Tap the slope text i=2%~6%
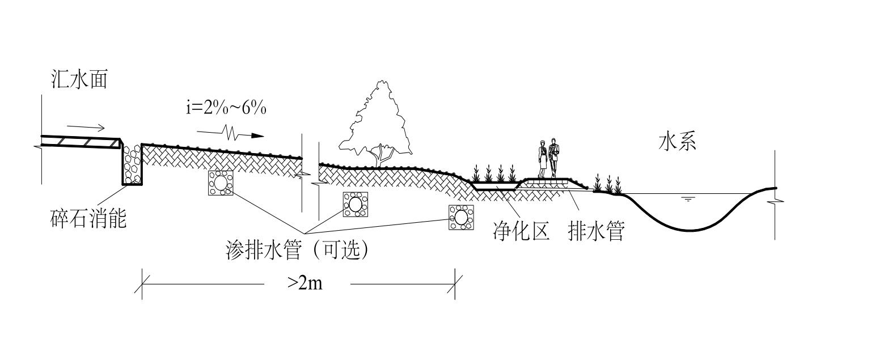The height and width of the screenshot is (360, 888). [226, 108]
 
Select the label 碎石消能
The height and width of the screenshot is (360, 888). [88, 218]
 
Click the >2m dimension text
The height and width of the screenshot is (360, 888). [305, 283]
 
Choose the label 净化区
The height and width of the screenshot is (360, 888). [521, 232]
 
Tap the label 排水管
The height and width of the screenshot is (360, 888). [596, 232]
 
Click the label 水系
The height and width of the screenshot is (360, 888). [677, 142]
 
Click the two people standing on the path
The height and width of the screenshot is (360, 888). [548, 158]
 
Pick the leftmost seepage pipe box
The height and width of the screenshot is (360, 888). [220, 183]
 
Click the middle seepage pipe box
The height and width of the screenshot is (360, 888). [356, 204]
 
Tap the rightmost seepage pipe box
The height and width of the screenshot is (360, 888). [461, 217]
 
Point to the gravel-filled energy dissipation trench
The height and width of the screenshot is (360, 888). [132, 164]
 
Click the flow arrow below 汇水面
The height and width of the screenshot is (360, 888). [86, 126]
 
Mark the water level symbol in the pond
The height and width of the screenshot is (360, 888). [688, 199]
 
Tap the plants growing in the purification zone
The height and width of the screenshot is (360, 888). [494, 173]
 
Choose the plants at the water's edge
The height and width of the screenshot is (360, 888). [607, 184]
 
